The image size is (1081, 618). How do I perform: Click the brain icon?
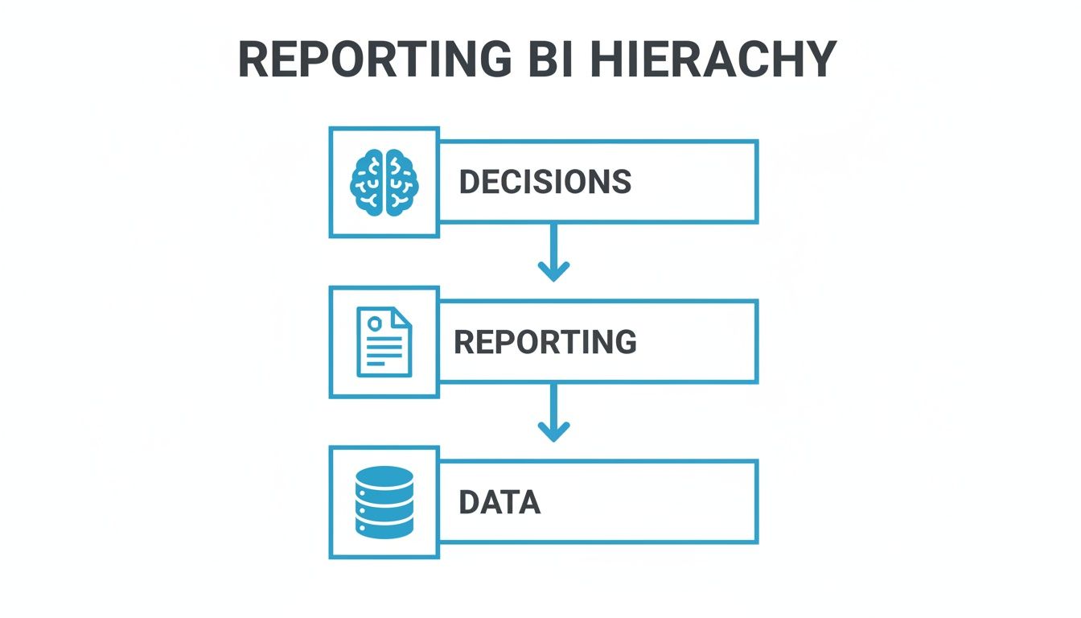[x=384, y=182]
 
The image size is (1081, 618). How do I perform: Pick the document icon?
[x=384, y=342]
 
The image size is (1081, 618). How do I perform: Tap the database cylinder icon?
[x=384, y=502]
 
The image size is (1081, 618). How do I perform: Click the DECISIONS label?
[x=545, y=182]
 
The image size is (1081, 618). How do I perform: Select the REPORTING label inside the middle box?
[x=545, y=342]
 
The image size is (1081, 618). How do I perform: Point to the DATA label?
[x=499, y=502]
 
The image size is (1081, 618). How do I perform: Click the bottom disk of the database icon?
[x=384, y=527]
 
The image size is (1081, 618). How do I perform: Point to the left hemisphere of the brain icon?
[x=368, y=182]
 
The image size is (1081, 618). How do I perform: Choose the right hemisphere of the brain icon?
[x=401, y=182]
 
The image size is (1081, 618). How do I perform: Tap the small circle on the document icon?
[x=373, y=323]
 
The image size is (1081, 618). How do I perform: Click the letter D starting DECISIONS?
[x=467, y=182]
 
